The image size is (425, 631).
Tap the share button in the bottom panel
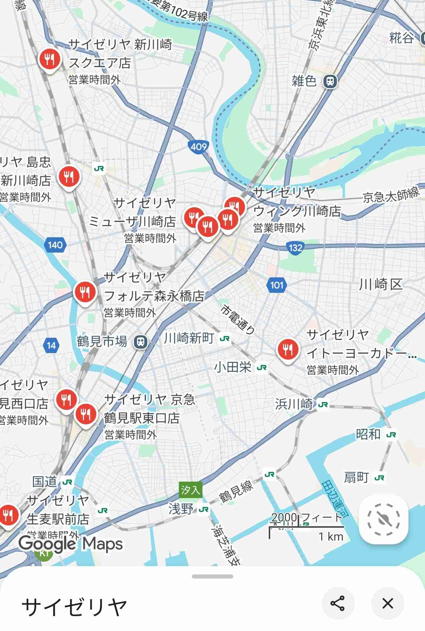tap(338, 603)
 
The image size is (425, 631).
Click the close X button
tap(388, 603)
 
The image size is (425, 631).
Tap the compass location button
tap(383, 519)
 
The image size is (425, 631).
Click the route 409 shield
tap(198, 146)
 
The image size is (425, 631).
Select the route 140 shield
tap(55, 245)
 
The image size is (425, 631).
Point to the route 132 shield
tap(295, 248)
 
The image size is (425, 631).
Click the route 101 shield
tap(277, 285)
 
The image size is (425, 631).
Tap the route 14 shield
tap(51, 345)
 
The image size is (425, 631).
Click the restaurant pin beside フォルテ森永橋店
tap(85, 293)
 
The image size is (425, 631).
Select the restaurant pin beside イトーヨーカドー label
tap(287, 350)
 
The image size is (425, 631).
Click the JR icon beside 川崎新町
tap(225, 339)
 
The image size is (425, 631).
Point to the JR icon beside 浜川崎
tap(323, 404)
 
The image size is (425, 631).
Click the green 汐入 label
tap(190, 490)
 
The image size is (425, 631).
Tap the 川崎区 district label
tap(381, 285)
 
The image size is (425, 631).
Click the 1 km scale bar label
tap(331, 537)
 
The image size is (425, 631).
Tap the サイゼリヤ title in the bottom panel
tap(74, 607)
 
